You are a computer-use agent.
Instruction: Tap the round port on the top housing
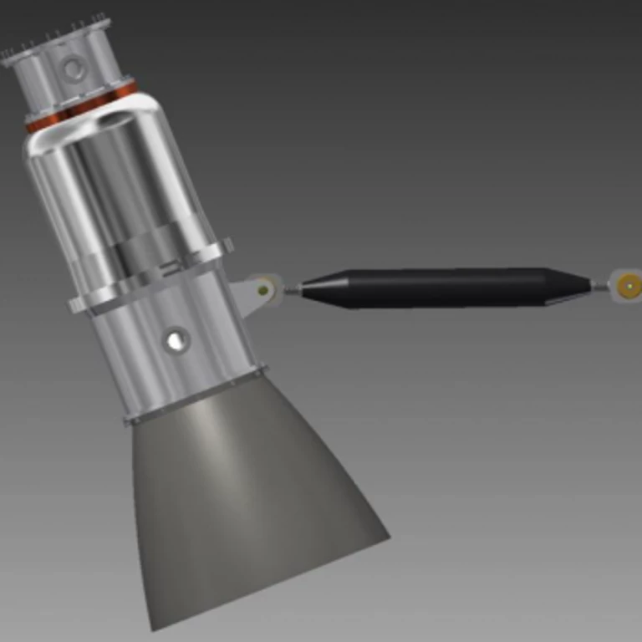[74, 66]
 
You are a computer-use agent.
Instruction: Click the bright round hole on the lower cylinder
[176, 339]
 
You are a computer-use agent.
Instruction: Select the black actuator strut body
[426, 287]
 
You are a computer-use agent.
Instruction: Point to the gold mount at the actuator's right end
[628, 286]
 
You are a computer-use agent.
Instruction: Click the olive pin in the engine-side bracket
[265, 290]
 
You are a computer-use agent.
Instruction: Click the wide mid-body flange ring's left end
[75, 304]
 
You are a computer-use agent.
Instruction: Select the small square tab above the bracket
[227, 244]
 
